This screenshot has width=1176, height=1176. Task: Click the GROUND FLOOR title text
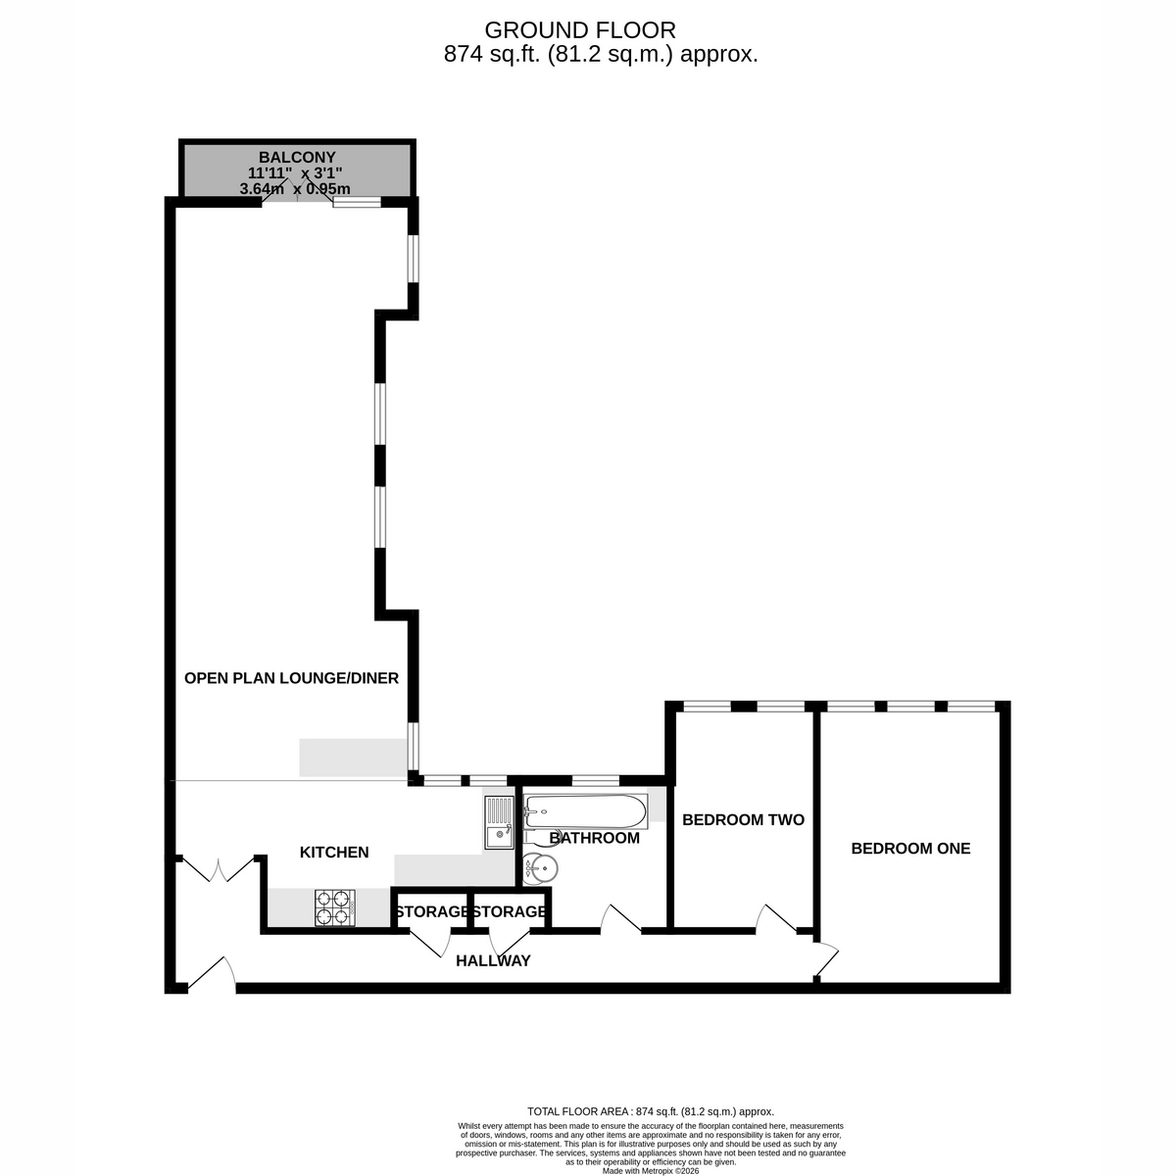580,30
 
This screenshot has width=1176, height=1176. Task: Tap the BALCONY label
297,158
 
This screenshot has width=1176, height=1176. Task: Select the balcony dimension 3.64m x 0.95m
295,188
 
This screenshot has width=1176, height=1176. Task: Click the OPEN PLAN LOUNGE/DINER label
291,678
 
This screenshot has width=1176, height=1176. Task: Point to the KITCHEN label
334,852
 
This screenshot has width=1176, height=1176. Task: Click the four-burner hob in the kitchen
335,907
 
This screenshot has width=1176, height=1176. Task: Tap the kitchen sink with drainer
500,822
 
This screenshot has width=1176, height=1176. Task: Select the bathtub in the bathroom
585,811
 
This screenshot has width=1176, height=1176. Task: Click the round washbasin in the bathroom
540,867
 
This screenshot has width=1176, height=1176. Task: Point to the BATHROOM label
595,838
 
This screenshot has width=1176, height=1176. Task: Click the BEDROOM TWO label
743,819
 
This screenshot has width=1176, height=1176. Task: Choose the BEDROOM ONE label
910,849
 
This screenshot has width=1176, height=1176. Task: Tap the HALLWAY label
493,960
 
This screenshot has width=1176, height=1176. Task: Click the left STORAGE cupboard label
431,911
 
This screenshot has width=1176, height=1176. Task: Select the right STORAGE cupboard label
509,911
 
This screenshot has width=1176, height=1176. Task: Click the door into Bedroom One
826,958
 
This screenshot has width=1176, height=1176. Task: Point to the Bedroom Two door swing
776,918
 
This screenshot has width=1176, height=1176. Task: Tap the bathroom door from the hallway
620,918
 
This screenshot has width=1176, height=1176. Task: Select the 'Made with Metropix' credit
651,1170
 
